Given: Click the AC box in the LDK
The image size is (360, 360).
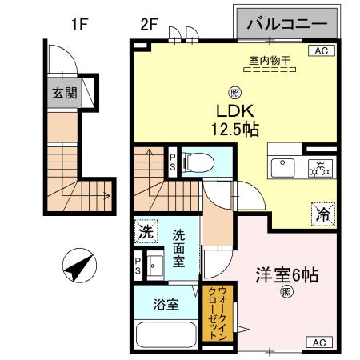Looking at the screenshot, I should tap(321, 51).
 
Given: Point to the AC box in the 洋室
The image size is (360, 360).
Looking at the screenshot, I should tap(318, 342).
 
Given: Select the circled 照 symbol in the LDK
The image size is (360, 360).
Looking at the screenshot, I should tap(234, 91).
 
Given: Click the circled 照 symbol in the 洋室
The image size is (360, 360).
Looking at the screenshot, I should tap(286, 293).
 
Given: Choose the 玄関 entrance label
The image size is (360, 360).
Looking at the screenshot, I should tap(64, 92).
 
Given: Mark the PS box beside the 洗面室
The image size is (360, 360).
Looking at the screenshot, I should tap(138, 265).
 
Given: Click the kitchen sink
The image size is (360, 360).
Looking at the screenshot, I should tap(282, 166).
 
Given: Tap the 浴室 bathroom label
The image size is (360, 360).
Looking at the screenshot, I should tap(166, 305).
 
